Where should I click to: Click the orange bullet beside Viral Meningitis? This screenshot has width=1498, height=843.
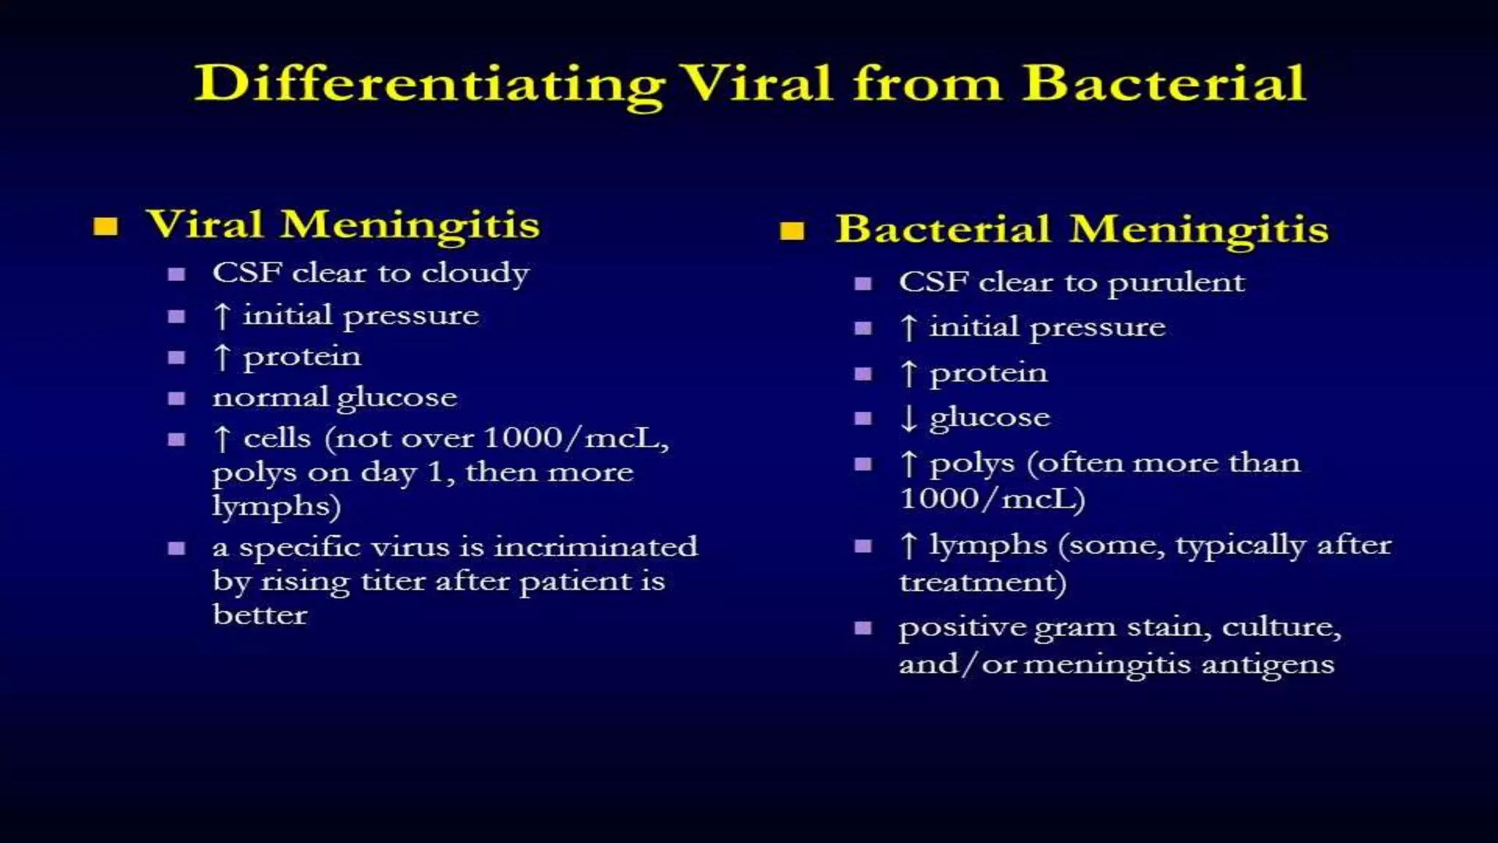click(105, 226)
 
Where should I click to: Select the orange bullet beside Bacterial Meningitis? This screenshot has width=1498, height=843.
click(792, 231)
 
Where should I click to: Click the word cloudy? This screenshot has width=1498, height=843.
click(475, 274)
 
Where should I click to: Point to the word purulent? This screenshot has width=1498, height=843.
click(1176, 283)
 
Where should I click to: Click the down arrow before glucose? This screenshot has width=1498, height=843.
click(908, 418)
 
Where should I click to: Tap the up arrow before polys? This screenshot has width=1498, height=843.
click(908, 463)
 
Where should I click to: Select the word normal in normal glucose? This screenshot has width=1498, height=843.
click(271, 398)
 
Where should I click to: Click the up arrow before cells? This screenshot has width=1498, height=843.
click(222, 439)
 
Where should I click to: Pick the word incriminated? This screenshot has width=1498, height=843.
click(596, 547)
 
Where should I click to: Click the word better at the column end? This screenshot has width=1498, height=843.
click(260, 615)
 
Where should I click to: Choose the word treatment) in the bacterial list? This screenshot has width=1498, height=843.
click(982, 582)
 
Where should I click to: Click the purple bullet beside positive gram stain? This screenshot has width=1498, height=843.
click(863, 628)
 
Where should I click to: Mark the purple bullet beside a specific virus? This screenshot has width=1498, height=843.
click(176, 548)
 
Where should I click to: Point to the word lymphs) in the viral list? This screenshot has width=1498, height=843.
click(276, 506)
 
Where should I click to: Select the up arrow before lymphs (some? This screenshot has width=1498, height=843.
click(908, 545)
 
